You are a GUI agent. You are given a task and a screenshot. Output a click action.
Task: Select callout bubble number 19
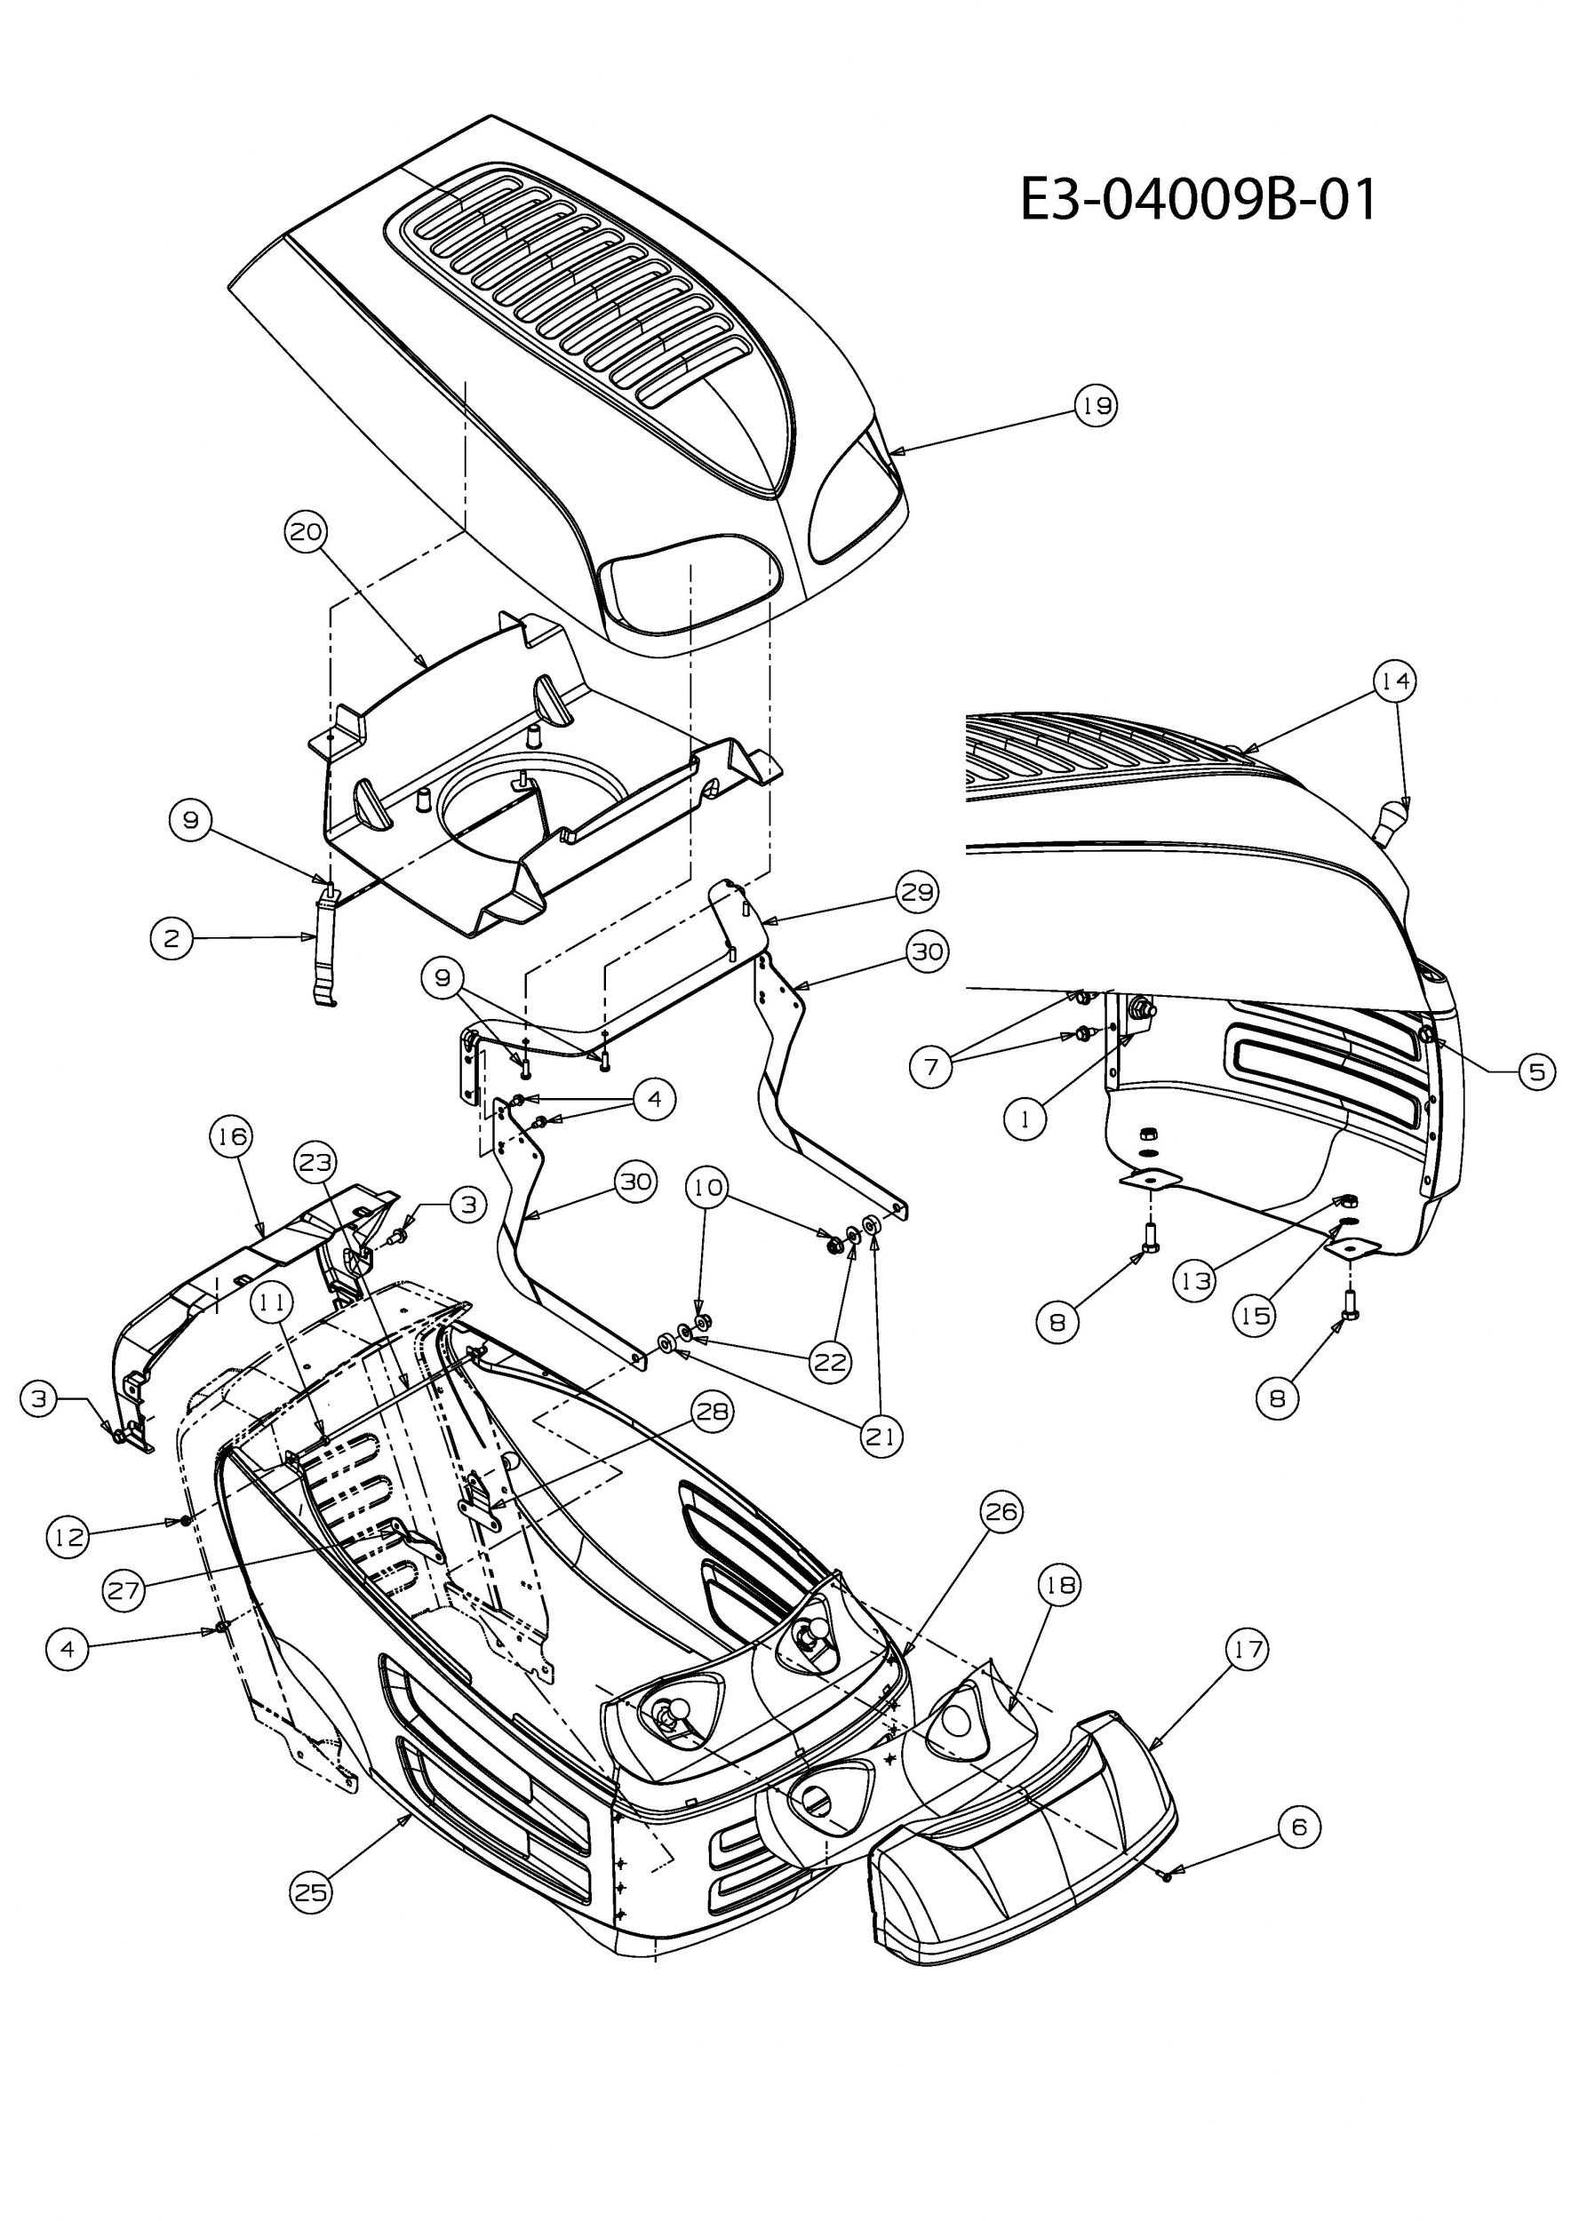tap(1096, 405)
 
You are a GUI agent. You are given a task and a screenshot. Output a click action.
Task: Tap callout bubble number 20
tap(306, 532)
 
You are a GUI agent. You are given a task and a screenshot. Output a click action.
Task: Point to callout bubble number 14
tap(1395, 681)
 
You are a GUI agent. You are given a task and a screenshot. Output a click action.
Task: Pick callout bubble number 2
tap(172, 938)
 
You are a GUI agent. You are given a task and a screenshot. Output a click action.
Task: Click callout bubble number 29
tap(917, 891)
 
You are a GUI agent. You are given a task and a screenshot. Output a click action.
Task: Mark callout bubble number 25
tap(310, 1892)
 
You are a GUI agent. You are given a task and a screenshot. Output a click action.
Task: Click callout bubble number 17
tap(1248, 1648)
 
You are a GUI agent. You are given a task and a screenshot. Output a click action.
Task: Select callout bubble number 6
tap(1299, 1827)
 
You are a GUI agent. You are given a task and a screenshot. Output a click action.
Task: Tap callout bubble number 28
tap(713, 1412)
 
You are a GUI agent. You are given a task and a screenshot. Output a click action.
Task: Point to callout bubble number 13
tap(1197, 1282)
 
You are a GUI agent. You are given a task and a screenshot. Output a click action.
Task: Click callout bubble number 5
tap(1537, 1071)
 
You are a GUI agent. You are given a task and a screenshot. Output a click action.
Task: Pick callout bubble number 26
tap(1001, 1511)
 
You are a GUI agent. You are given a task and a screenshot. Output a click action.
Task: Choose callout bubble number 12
tap(68, 1536)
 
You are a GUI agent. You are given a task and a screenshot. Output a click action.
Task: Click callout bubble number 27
tap(124, 1590)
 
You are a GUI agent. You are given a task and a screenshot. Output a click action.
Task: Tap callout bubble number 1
tap(1025, 1119)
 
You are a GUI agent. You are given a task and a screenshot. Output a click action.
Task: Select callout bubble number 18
tap(1059, 1585)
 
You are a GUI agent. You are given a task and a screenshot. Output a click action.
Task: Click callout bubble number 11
tap(272, 1303)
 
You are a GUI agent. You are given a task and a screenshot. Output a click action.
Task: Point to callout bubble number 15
tap(1255, 1316)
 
